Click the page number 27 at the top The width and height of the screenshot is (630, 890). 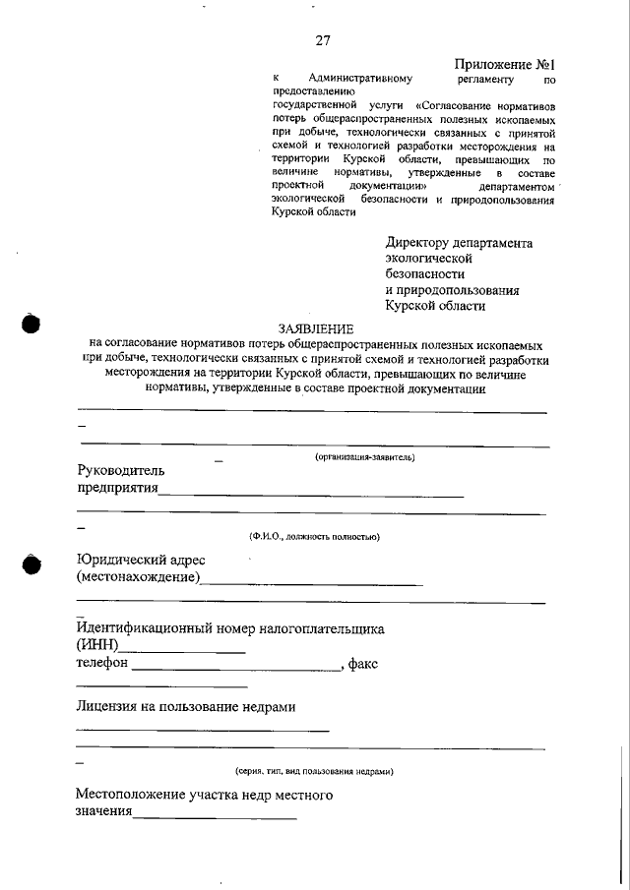(x=323, y=40)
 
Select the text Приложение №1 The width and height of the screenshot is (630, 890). (x=505, y=64)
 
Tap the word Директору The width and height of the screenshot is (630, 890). (x=417, y=243)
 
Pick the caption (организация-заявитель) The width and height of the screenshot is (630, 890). (x=365, y=457)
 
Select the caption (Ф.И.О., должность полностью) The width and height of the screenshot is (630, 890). (x=314, y=537)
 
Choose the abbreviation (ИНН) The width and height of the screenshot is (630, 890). (x=97, y=646)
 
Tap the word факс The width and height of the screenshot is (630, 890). (x=363, y=664)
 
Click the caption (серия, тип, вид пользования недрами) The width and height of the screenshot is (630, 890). (x=314, y=772)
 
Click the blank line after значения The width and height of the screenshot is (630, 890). (x=215, y=817)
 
